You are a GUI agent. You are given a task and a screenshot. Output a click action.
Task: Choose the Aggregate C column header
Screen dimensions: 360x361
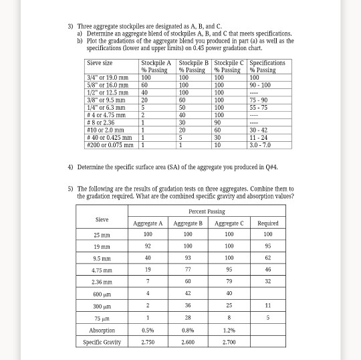click(230, 223)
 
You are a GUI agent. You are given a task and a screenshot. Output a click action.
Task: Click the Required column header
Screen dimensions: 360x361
click(267, 223)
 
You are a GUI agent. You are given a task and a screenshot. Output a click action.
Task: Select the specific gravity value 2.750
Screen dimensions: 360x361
click(148, 342)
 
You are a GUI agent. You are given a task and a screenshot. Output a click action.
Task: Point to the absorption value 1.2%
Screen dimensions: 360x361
click(230, 330)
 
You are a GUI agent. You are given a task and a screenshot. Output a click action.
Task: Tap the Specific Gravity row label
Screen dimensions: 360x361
click(102, 342)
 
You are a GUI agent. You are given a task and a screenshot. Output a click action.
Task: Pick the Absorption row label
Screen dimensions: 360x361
click(102, 330)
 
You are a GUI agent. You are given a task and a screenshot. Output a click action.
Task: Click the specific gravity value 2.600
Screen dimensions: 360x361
click(188, 342)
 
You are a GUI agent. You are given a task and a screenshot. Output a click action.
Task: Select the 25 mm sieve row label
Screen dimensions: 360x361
click(102, 235)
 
